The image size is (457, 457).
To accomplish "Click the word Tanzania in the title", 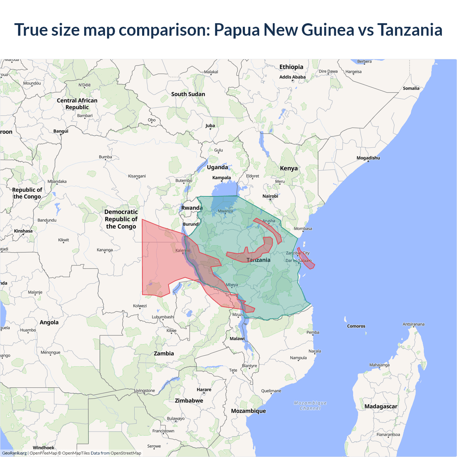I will coord(410,30).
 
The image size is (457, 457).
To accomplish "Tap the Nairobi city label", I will coord(270,196).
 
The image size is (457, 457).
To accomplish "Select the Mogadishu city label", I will coord(368,158).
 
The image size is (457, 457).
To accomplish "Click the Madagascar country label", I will coord(381,406).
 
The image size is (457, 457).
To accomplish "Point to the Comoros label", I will coord(356,326).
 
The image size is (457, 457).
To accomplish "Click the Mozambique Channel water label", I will coord(310,406).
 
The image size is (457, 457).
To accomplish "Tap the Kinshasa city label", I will coord(23,231).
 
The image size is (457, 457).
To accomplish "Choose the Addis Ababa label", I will coord(292,77).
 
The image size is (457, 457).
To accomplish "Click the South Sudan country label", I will coord(188,94).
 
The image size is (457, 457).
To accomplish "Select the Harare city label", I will coord(204,390).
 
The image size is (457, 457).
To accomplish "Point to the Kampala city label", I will coord(221,177).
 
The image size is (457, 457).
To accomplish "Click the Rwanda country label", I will coord(192,208).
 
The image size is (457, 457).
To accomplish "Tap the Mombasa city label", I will coord(303,228).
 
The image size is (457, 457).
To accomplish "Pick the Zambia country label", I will coord(164,353).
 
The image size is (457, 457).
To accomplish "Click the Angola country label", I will coord(49,322).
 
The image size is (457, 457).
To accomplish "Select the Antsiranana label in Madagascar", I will coord(413,324).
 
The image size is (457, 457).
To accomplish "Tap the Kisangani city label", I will coord(137,176).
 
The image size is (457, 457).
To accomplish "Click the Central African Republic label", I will coord(77,104).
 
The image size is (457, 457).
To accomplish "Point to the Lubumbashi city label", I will coord(163,317).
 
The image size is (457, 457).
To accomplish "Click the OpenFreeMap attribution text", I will coord(43,453).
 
